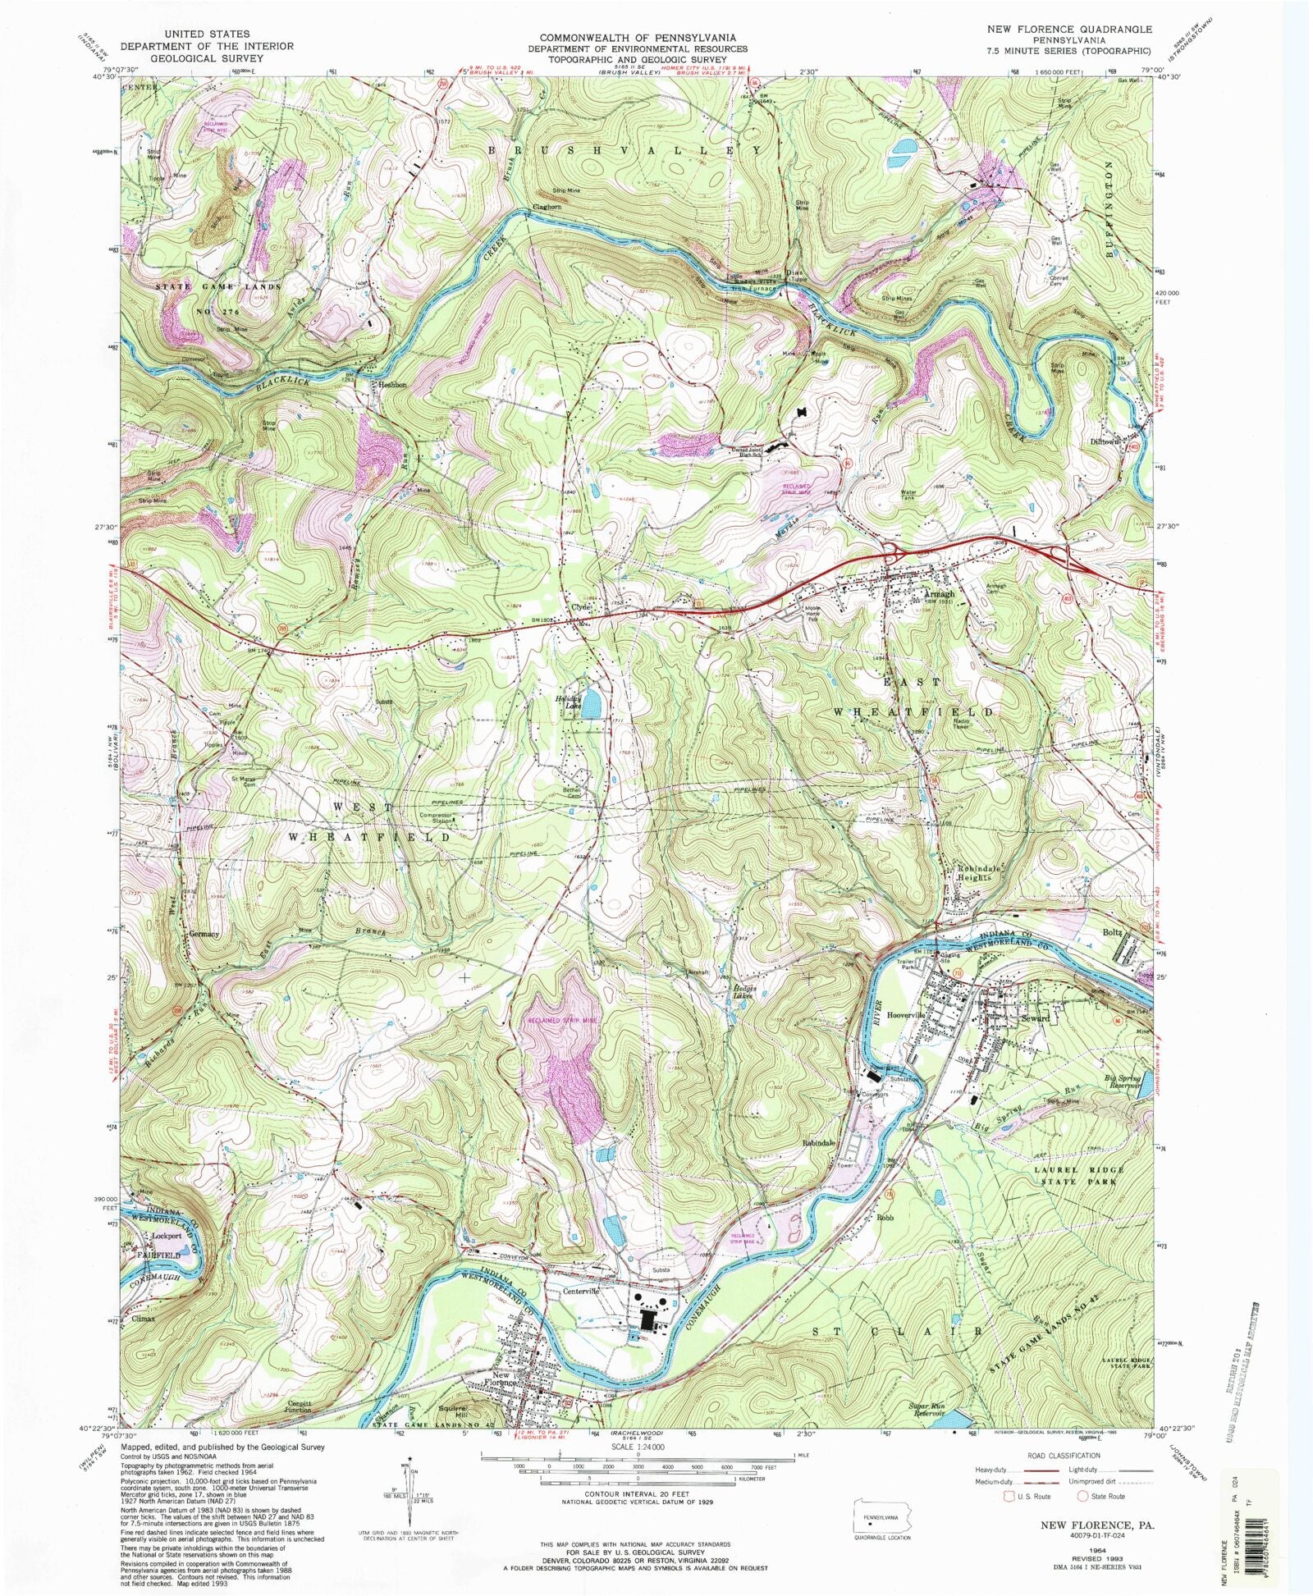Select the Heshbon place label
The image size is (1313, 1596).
click(391, 384)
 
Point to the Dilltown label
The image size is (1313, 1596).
click(1105, 441)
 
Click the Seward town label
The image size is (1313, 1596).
click(1035, 1018)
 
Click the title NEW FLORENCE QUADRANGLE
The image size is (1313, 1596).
click(1068, 29)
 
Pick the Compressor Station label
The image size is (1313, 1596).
click(436, 818)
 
